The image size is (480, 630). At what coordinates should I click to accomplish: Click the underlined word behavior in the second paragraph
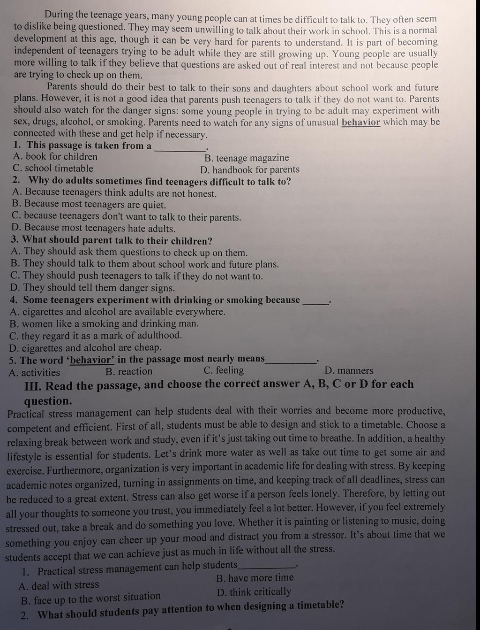[x=360, y=123]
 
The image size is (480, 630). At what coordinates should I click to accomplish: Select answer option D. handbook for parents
[x=250, y=170]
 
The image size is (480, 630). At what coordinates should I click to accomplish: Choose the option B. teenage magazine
[x=247, y=158]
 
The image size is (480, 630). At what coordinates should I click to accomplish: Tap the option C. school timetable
[x=53, y=169]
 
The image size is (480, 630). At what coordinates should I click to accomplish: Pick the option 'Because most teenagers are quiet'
[x=89, y=205]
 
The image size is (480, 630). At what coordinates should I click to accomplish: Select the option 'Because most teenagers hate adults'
[x=94, y=229]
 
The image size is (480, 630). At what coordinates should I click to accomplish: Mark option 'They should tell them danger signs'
[x=92, y=288]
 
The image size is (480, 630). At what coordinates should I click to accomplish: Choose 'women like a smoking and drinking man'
[x=104, y=324]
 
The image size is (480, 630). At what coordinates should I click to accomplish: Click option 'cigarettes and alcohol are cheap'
[x=85, y=348]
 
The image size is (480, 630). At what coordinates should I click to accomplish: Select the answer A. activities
[x=34, y=373]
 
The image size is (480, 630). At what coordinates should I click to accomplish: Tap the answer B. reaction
[x=129, y=372]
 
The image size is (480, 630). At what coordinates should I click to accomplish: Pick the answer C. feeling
[x=224, y=370]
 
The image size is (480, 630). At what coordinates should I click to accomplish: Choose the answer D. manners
[x=349, y=371]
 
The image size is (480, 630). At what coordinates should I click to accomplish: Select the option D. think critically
[x=254, y=592]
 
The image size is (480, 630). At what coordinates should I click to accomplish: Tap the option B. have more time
[x=255, y=578]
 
